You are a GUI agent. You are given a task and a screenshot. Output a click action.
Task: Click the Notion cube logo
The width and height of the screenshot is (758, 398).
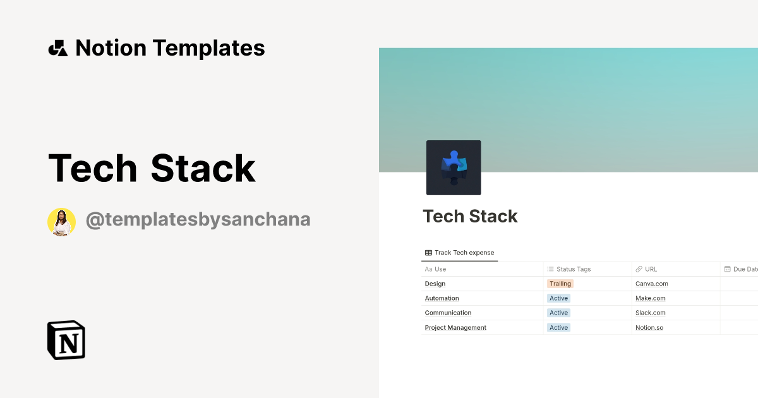pos(66,340)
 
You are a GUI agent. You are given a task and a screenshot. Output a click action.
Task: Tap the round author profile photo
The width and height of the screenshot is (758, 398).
pos(61,222)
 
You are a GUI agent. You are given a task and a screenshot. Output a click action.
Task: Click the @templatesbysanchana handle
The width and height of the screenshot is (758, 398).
pos(198,220)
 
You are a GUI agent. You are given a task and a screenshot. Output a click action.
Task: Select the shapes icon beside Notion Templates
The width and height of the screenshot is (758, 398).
pos(57,48)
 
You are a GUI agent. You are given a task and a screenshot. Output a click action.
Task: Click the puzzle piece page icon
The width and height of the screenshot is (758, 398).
pos(454,167)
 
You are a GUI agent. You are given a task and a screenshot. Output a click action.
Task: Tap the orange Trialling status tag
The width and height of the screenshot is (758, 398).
pos(560,284)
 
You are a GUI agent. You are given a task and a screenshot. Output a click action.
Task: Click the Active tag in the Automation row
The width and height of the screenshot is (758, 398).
pos(558,298)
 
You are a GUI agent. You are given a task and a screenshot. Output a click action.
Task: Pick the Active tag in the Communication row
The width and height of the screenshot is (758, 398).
pos(558,313)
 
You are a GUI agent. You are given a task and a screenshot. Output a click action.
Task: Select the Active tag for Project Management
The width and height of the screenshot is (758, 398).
pos(558,327)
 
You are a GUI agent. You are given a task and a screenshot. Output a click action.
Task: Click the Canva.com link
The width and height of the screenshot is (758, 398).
pos(651,284)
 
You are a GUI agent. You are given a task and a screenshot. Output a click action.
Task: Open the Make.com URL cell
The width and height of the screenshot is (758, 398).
pos(650,298)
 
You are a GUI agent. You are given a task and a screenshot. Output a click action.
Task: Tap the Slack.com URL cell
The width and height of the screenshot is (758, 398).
pos(650,313)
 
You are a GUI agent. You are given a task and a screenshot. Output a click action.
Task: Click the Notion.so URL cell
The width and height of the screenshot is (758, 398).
pos(649,327)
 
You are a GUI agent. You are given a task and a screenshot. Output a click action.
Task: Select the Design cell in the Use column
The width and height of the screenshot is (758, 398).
pos(435,284)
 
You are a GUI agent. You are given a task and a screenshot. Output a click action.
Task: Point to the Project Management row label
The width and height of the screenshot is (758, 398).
pos(455,327)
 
